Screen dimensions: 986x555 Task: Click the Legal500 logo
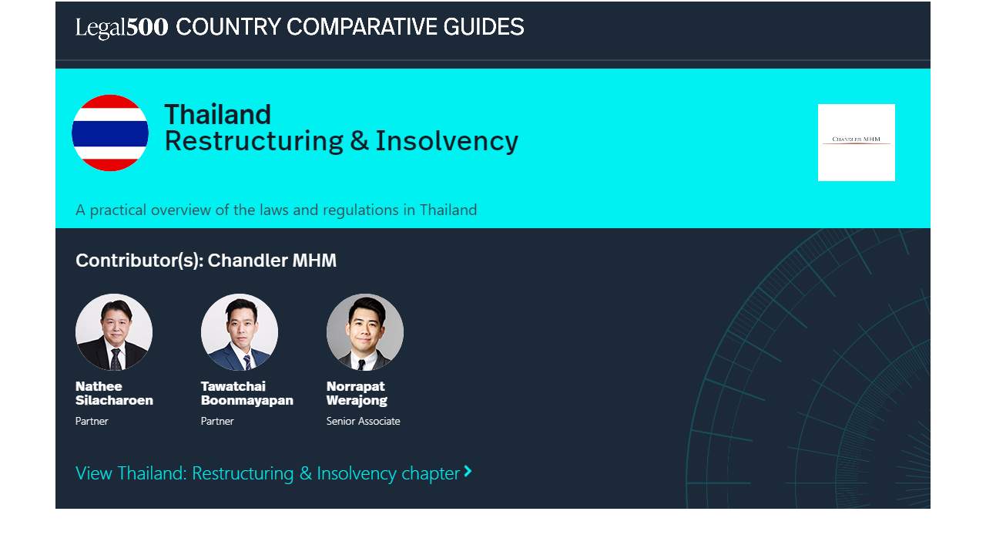click(122, 28)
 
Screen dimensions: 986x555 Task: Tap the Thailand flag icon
click(110, 133)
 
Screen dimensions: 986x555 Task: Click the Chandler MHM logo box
click(856, 143)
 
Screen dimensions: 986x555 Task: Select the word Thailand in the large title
click(217, 115)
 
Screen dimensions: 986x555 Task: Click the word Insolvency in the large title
click(447, 142)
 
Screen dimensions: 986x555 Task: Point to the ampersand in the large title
click(360, 140)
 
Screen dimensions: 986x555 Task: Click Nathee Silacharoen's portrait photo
click(114, 332)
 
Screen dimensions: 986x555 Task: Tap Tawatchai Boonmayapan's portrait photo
click(240, 332)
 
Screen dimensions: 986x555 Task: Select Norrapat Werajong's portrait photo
click(365, 332)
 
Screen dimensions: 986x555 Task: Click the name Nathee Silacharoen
click(114, 393)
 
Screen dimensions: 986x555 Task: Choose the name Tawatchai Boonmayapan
click(247, 393)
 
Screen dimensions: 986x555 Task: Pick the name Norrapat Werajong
click(357, 393)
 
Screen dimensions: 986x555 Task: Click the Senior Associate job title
click(363, 421)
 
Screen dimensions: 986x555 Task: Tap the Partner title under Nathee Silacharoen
click(92, 421)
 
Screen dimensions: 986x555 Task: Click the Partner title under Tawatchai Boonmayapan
click(217, 421)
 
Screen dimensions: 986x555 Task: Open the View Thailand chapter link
click(267, 473)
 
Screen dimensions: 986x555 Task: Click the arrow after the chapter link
click(468, 471)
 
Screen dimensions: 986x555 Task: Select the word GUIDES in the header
click(483, 27)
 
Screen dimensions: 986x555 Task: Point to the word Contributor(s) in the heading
click(139, 261)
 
